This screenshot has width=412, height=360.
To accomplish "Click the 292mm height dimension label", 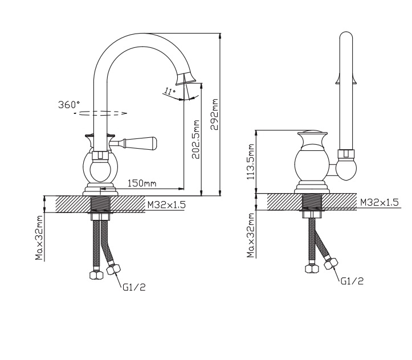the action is [x=215, y=114].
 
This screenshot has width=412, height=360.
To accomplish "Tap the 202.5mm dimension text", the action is [x=196, y=140].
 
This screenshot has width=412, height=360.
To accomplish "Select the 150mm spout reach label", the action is [x=142, y=183].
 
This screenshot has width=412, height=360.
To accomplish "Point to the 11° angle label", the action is [x=170, y=91].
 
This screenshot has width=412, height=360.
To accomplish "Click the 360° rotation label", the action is [x=69, y=104].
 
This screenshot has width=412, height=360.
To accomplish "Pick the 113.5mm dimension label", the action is [x=251, y=162].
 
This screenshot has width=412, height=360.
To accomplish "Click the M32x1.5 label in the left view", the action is [x=166, y=204].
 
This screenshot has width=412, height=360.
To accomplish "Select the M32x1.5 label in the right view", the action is [x=380, y=202].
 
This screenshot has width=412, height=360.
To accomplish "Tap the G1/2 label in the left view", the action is [x=134, y=287].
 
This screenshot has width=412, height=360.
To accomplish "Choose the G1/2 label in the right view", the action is [x=352, y=281].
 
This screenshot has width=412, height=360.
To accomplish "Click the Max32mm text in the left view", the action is [x=39, y=238].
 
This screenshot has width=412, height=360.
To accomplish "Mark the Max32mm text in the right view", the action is [x=251, y=235].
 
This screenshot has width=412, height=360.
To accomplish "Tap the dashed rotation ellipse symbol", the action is [x=100, y=113].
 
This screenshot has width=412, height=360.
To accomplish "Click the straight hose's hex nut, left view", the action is [x=97, y=275].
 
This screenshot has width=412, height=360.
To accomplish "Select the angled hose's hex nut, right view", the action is [x=331, y=263].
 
